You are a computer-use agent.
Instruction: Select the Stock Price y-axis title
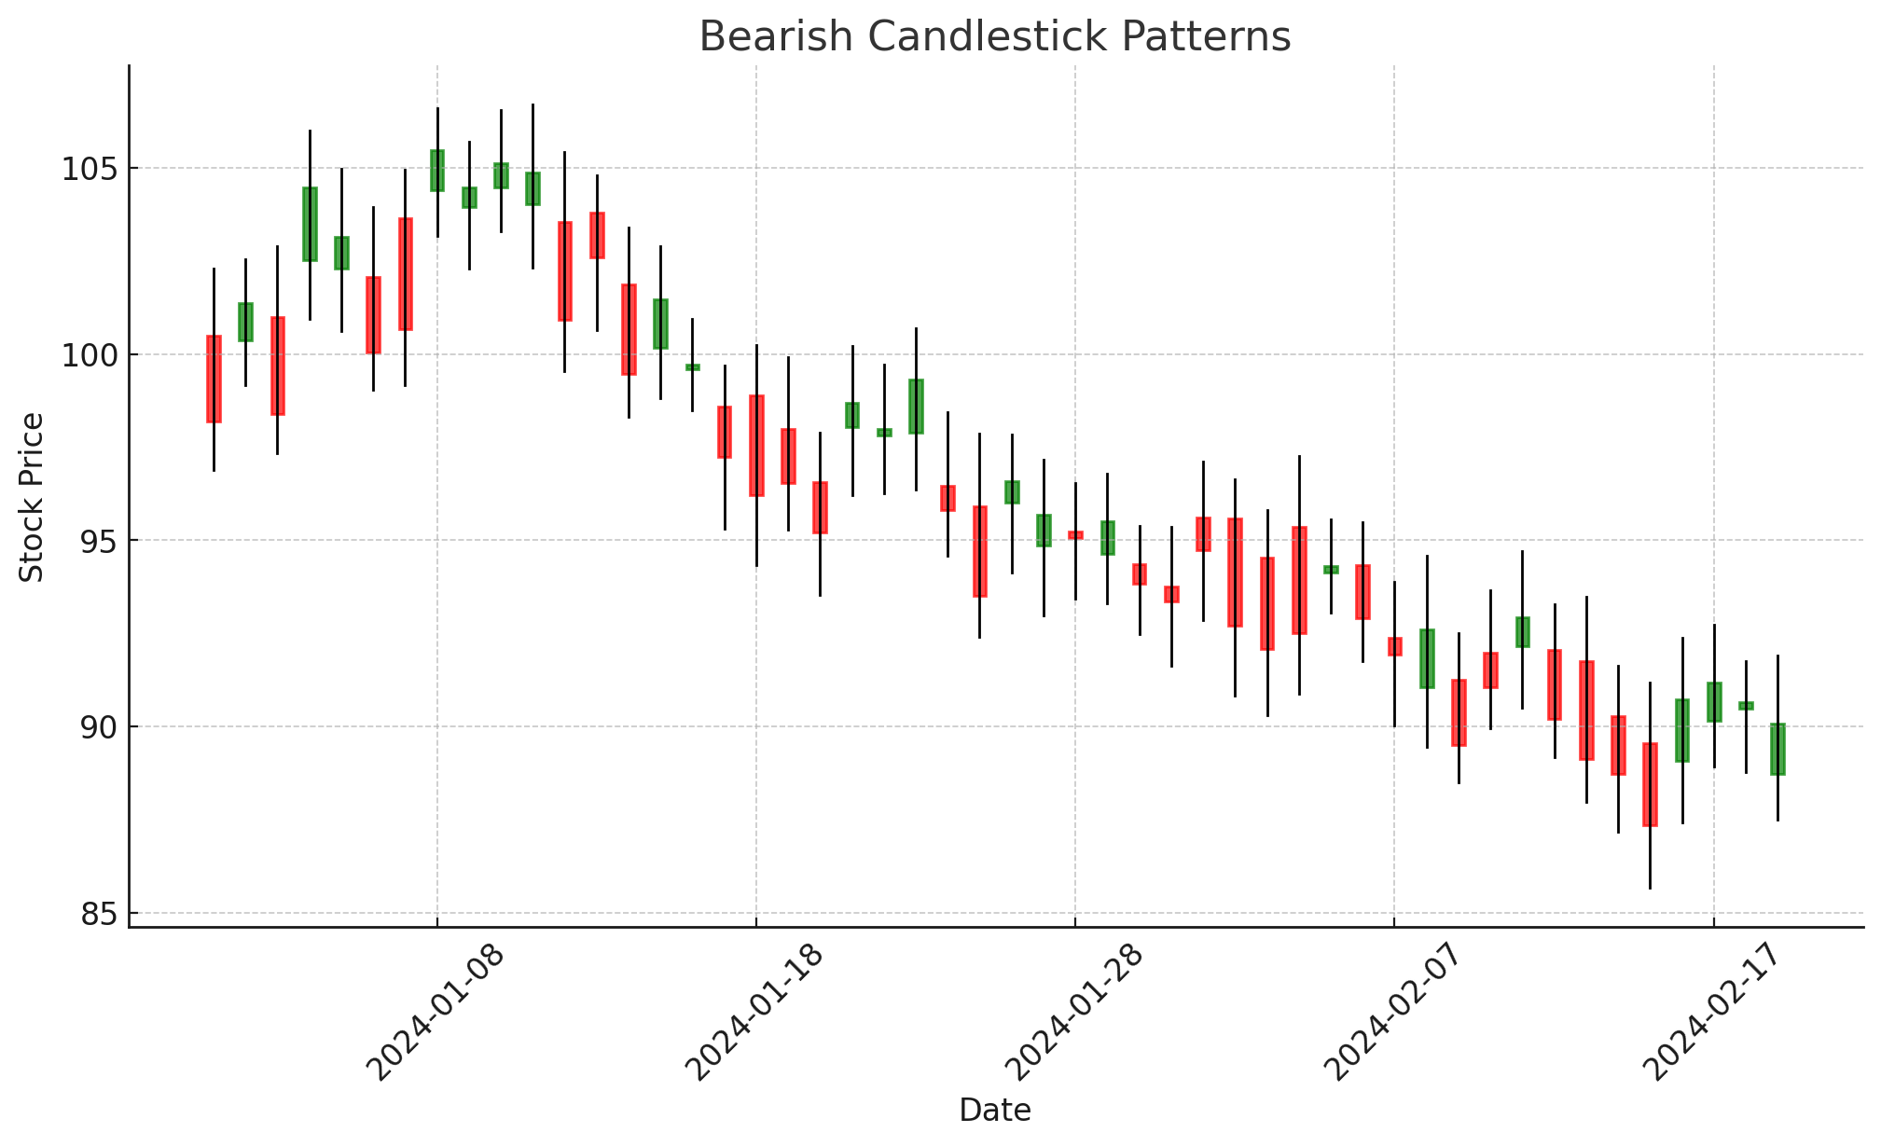tap(32, 497)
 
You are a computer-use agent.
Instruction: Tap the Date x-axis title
tap(995, 1111)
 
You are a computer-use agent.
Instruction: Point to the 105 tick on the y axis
tap(87, 169)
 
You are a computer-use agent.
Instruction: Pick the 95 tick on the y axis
tap(98, 541)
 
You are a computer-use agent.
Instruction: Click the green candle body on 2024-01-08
tap(437, 171)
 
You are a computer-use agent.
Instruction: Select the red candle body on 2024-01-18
tap(756, 446)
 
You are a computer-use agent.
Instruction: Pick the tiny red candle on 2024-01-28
tap(1075, 535)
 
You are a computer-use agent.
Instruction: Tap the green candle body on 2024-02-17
tap(1714, 702)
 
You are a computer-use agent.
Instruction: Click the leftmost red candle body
tap(214, 380)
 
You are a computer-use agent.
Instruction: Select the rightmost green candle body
tap(1777, 749)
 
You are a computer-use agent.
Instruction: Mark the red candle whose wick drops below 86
tap(1650, 784)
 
